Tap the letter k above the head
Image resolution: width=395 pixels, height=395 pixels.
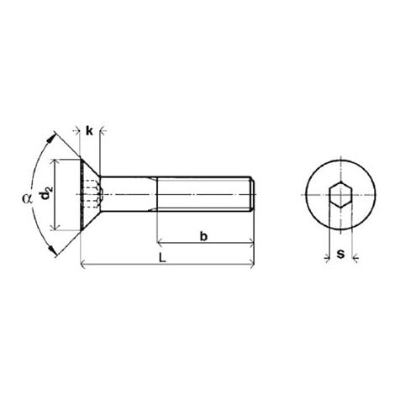pyautogui.click(x=88, y=131)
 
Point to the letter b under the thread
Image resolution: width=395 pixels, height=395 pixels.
pyautogui.click(x=203, y=237)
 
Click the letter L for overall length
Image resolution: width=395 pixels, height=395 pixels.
pyautogui.click(x=163, y=259)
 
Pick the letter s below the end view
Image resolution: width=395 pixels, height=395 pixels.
pyautogui.click(x=339, y=251)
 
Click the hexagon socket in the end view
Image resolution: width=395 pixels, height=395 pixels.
pyautogui.click(x=339, y=196)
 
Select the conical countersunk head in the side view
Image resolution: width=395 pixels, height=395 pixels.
pyautogui.click(x=88, y=194)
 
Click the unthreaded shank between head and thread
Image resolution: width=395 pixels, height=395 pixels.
pyautogui.click(x=130, y=194)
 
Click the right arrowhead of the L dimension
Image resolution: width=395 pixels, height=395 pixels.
pyautogui.click(x=250, y=266)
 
